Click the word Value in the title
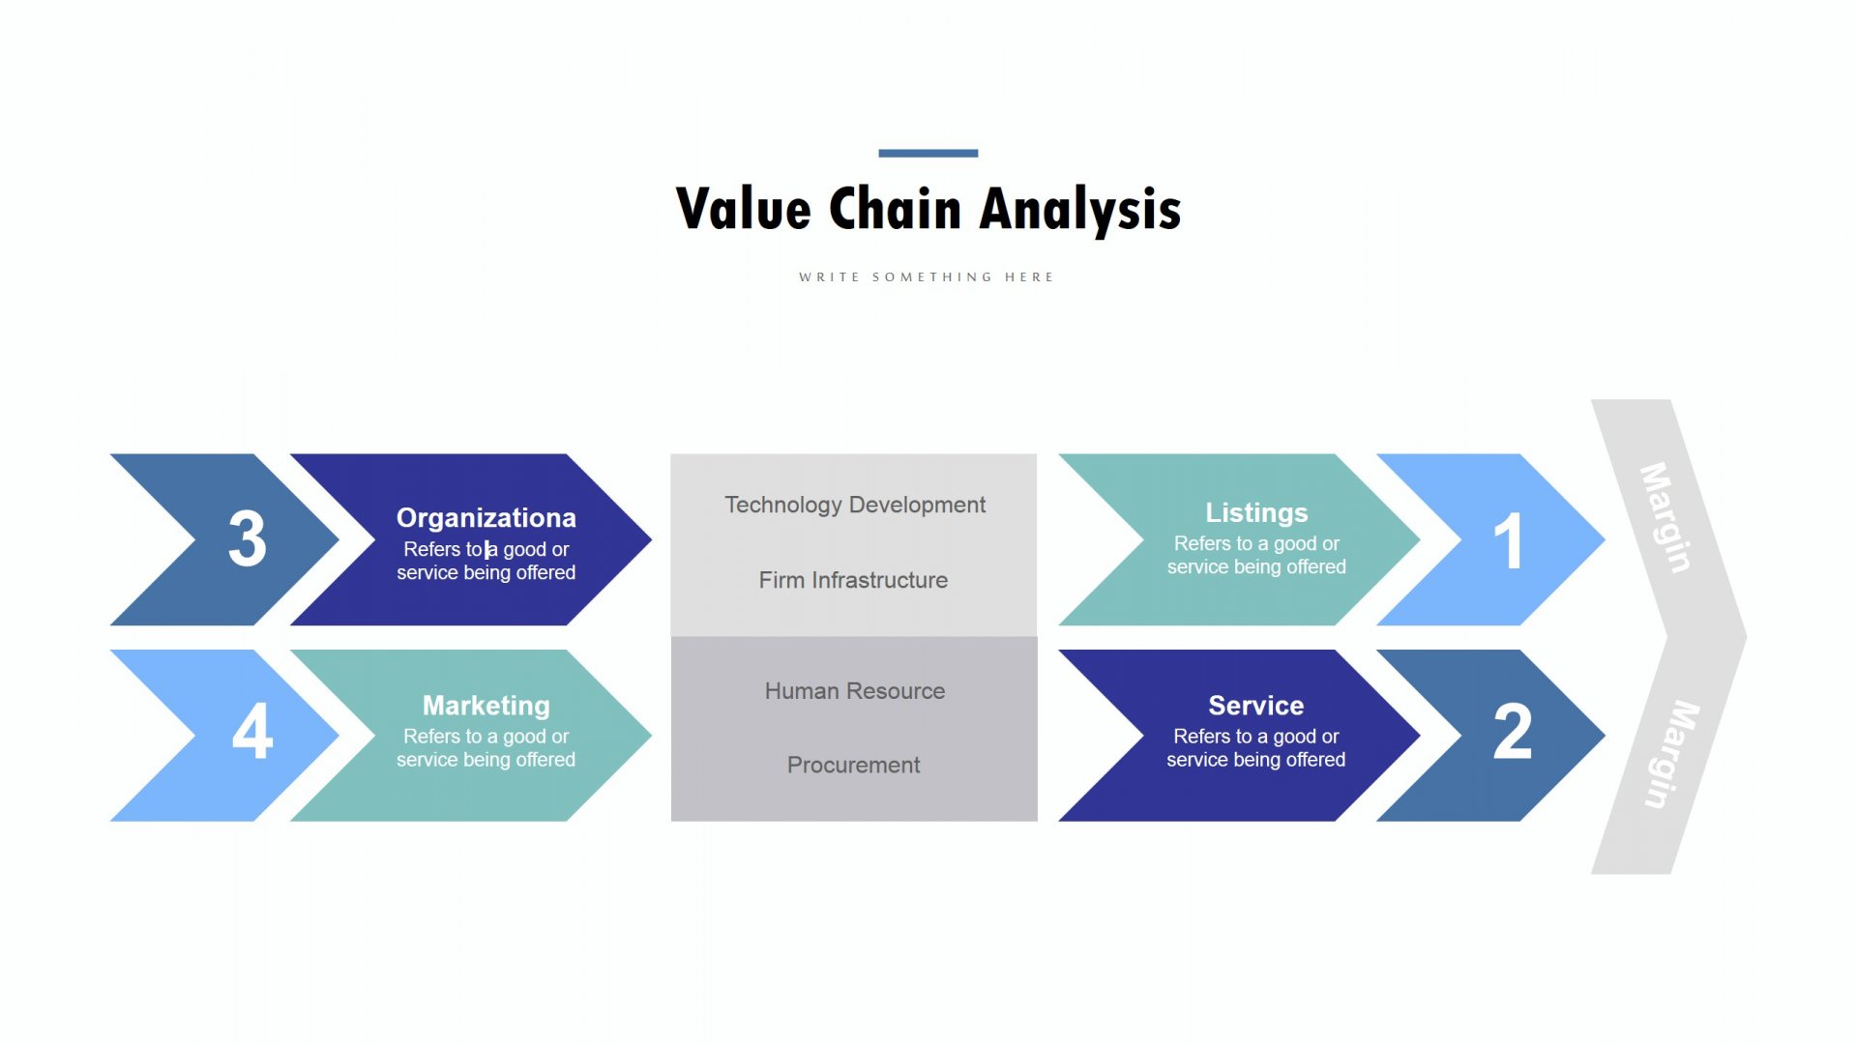pos(743,209)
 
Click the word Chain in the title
pos(896,209)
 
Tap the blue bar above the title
pos(928,153)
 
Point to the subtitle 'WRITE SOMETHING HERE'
pos(927,277)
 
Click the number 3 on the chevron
pos(248,539)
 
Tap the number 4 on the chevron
pos(252,731)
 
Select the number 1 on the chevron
pos(1508,540)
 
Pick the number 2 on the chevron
pos(1513,731)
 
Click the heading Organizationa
pos(486,518)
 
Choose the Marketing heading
pos(486,706)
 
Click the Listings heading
pos(1256,513)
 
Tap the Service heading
pos(1256,706)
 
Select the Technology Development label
pos(855,506)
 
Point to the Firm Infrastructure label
pos(853,580)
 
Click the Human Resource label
pos(855,691)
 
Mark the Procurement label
pos(854,765)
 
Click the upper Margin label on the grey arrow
pos(1665,518)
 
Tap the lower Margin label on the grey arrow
pos(1672,755)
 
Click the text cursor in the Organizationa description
pos(486,550)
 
